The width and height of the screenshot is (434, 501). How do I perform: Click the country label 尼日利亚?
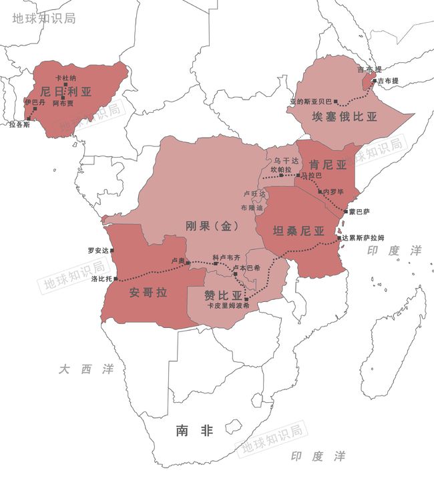click(x=65, y=91)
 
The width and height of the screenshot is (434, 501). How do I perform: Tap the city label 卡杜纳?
click(x=65, y=78)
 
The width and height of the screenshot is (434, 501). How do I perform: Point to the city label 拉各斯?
click(x=19, y=125)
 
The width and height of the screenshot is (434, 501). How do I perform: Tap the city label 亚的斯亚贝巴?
click(x=310, y=102)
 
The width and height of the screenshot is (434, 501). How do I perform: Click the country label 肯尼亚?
click(x=328, y=164)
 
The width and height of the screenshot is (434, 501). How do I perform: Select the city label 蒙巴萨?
click(x=359, y=212)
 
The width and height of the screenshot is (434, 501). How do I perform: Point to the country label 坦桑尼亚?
click(x=298, y=231)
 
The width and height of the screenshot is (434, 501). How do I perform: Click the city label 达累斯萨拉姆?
click(x=363, y=238)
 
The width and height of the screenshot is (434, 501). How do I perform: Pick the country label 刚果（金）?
click(x=212, y=226)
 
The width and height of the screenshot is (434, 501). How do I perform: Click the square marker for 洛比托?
click(x=117, y=279)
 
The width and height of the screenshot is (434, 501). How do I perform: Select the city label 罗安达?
click(x=97, y=251)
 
